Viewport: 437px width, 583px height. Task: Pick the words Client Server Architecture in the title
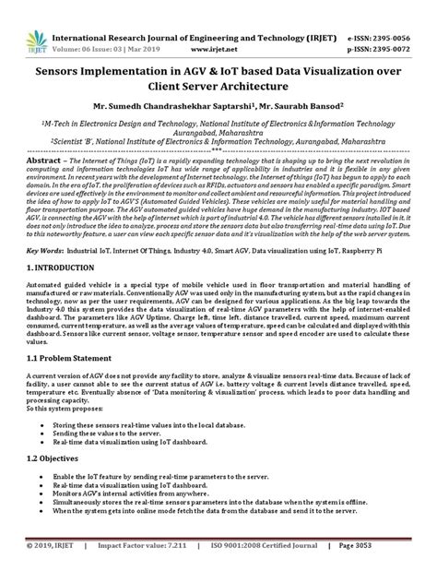(218, 87)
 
